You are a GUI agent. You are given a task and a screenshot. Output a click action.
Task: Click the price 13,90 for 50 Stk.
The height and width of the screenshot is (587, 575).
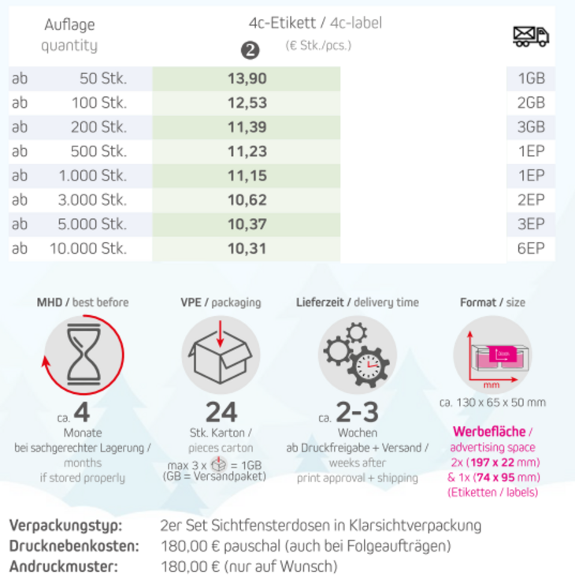[247, 79]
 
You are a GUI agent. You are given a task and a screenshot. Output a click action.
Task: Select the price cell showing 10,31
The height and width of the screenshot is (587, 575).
[247, 249]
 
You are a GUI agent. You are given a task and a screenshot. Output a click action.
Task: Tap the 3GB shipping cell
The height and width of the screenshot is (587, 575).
[531, 128]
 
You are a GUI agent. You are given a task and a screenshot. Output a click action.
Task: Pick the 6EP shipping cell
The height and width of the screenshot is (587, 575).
[531, 249]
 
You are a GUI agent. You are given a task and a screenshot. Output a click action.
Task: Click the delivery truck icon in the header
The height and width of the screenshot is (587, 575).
[531, 35]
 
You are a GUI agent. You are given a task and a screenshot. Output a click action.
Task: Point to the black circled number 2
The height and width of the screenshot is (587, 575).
[250, 50]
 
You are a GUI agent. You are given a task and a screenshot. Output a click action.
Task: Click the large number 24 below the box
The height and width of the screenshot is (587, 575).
[221, 411]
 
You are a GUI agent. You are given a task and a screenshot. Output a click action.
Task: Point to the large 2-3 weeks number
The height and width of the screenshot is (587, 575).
[357, 412]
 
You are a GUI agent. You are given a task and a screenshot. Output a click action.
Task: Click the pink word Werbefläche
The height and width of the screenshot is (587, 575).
[488, 432]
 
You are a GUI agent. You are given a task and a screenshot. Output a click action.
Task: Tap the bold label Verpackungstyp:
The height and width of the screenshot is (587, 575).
[66, 526]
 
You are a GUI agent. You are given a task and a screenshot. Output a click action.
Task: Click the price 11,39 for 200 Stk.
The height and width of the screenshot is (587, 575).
[247, 128]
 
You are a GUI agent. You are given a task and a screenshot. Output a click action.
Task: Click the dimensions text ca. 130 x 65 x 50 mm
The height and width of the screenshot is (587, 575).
[492, 403]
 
